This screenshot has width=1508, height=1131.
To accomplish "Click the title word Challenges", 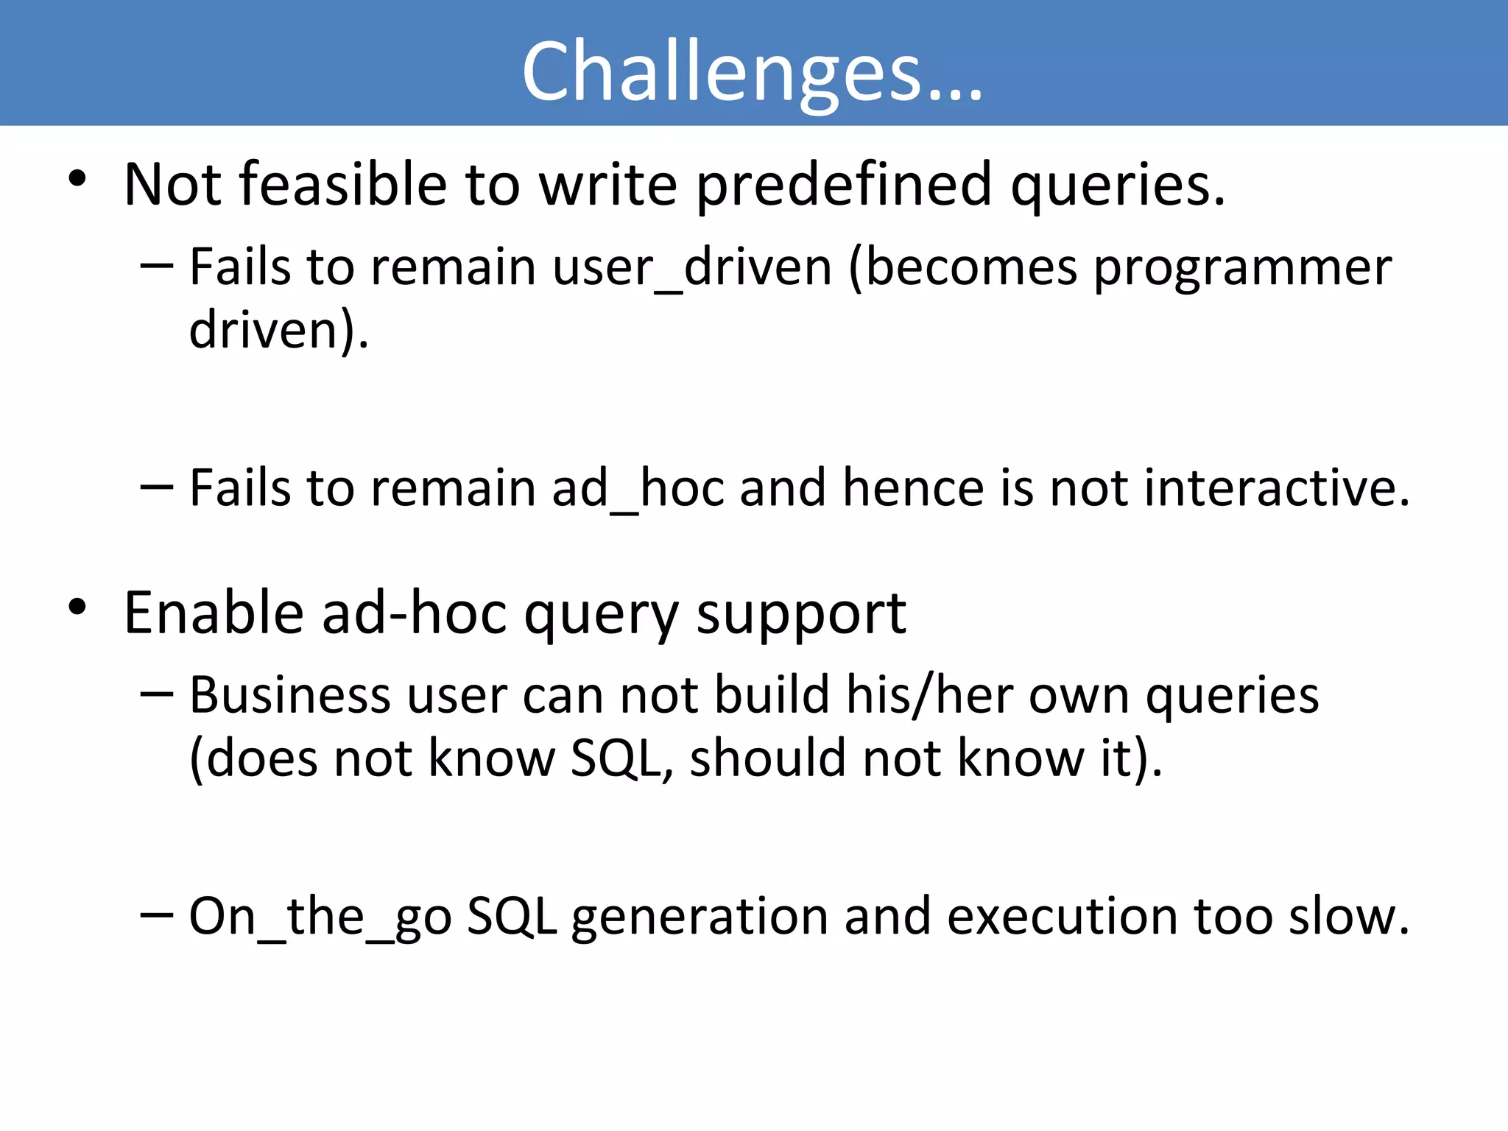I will [751, 71].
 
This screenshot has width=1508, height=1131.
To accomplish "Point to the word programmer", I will [1242, 268].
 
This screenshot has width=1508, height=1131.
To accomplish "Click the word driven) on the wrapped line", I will [278, 331].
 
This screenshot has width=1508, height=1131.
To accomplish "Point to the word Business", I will [289, 695].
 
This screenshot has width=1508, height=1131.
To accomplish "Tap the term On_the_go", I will [320, 917].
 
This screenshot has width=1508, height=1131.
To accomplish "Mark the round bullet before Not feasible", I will [77, 179].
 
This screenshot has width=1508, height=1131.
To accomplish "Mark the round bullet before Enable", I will [77, 607].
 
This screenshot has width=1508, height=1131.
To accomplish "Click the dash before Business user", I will [156, 694].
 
